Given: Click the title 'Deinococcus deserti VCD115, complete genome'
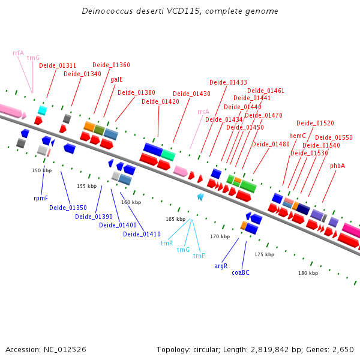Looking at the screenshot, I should [179, 11].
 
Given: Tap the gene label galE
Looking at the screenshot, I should [116, 79].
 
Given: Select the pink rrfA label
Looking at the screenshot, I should [18, 53].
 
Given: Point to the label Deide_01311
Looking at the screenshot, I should [58, 65].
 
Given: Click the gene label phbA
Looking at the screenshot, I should [337, 166].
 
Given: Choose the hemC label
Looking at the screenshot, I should [298, 136].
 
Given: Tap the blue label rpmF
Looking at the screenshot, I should [41, 197].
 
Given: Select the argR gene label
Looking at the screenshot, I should [221, 265].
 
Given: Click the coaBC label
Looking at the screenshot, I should [241, 272].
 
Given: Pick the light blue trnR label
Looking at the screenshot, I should [167, 243].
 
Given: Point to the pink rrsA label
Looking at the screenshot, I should [203, 112].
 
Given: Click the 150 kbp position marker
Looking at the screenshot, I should [40, 170].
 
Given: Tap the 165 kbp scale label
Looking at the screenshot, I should [175, 219].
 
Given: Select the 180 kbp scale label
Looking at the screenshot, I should [308, 273].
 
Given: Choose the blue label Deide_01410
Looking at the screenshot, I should [142, 233].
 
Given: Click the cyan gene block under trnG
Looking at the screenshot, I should [42, 110].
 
